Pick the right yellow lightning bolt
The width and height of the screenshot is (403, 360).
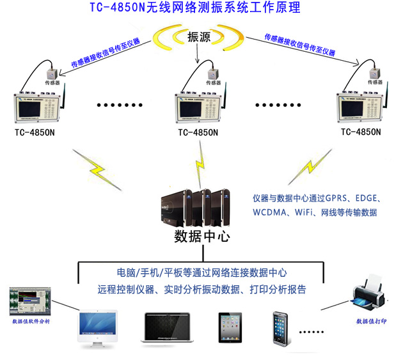click(x=304, y=169)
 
